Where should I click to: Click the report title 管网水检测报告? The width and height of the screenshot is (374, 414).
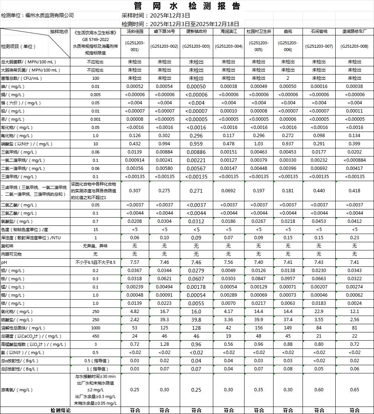click(187, 6)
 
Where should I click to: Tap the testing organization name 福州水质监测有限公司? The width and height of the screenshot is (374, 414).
click(49, 15)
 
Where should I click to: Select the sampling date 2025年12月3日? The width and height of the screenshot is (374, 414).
click(170, 15)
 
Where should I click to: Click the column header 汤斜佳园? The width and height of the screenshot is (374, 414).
click(135, 32)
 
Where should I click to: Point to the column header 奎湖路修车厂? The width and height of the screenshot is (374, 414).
click(355, 32)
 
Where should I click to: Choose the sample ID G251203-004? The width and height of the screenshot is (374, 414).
click(228, 46)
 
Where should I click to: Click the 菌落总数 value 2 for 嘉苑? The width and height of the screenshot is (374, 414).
click(288, 78)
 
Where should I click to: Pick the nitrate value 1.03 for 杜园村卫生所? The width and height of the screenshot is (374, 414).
click(259, 144)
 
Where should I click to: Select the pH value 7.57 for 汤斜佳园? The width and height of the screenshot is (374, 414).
click(135, 262)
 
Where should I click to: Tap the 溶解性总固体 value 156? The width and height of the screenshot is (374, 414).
click(259, 328)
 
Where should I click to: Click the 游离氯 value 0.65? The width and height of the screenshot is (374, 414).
click(355, 390)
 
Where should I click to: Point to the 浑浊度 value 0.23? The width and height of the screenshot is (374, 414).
click(355, 238)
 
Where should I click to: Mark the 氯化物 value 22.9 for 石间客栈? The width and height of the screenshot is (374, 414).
click(319, 312)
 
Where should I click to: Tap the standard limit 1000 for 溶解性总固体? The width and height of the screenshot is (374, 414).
click(96, 328)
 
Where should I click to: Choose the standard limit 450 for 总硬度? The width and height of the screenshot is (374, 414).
click(96, 336)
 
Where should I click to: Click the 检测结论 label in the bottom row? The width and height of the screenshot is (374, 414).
click(60, 410)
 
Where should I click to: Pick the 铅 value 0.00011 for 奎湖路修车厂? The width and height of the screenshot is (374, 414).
click(355, 111)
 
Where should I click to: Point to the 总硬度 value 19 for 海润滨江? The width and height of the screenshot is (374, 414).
click(228, 336)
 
